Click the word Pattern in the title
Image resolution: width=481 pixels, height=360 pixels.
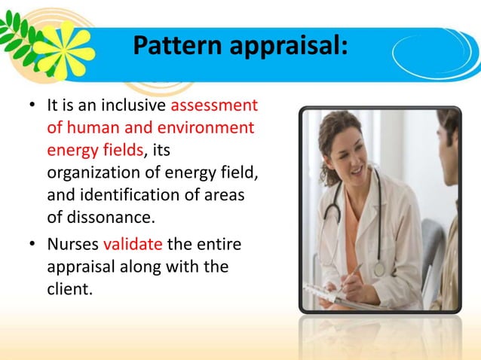click(170, 47)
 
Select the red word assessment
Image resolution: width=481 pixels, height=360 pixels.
click(215, 104)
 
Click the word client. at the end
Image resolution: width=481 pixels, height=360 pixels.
click(70, 287)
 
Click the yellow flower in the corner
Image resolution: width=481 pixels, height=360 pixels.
click(62, 49)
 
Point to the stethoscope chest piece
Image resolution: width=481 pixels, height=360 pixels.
click(379, 269)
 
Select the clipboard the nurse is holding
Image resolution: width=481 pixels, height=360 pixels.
click(332, 291)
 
